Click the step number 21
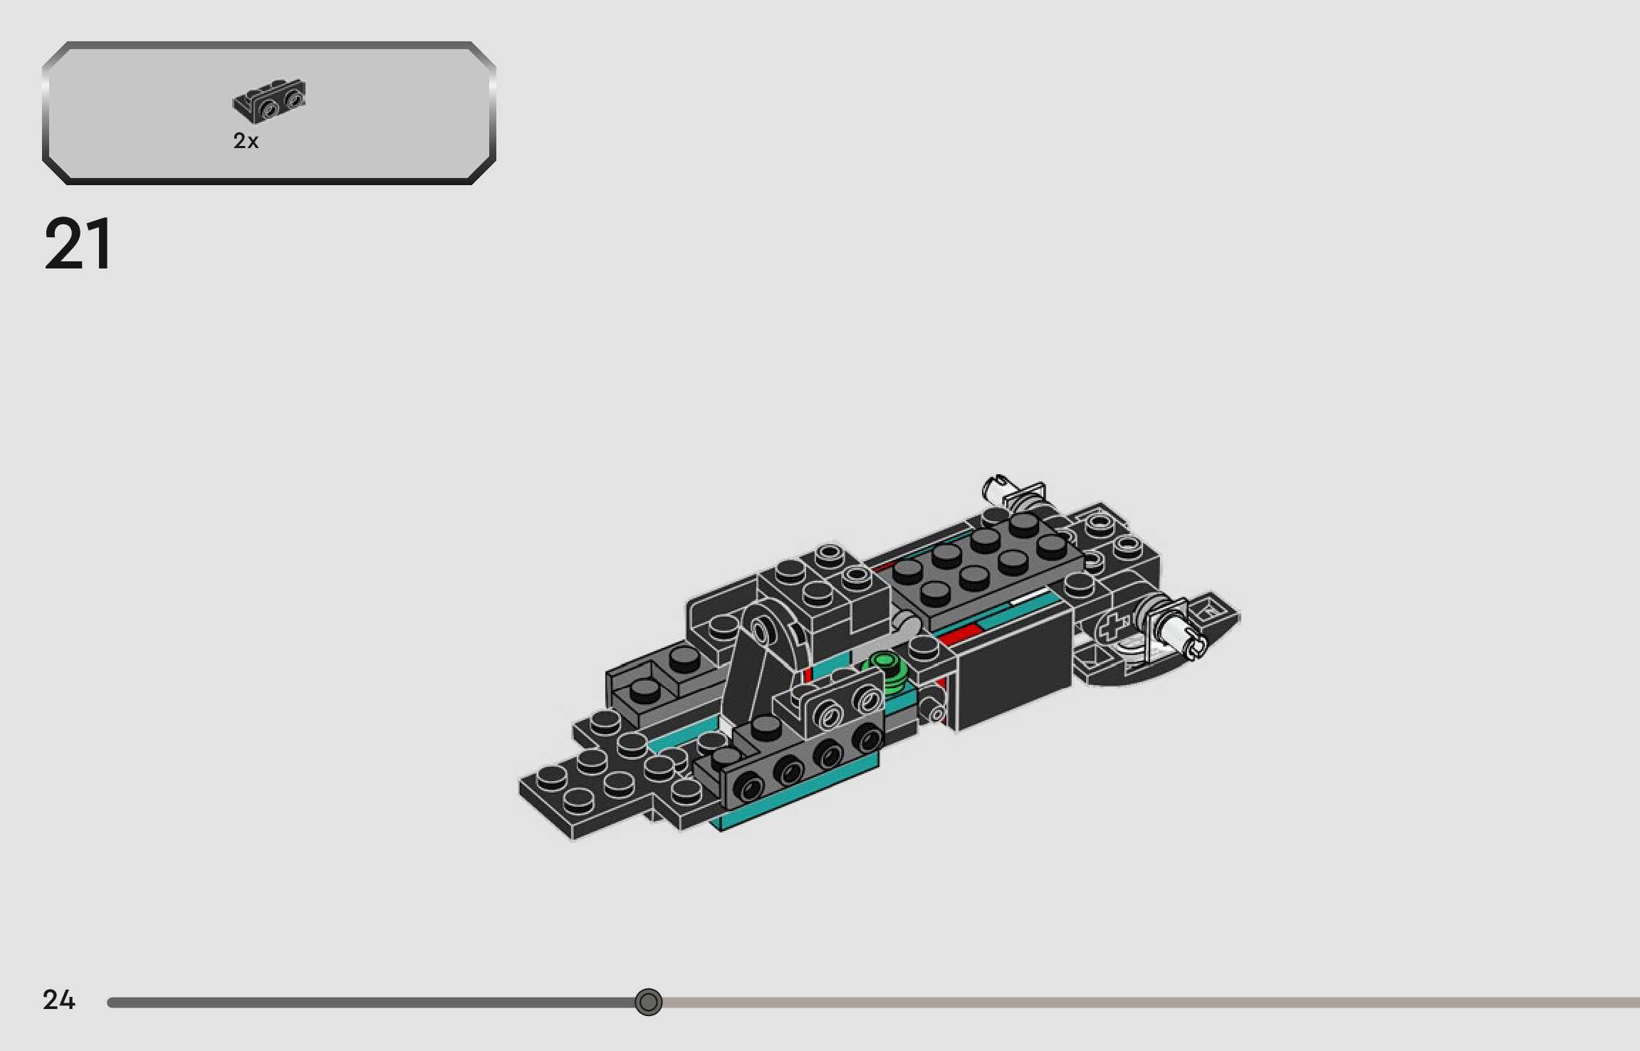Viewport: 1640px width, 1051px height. point(78,244)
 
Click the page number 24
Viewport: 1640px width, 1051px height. point(58,1000)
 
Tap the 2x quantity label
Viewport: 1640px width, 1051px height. point(246,141)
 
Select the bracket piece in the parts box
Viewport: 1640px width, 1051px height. point(269,100)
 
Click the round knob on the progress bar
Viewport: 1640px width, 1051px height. point(648,1002)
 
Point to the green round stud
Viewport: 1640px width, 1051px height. point(885,667)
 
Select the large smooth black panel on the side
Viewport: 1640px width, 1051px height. point(1013,669)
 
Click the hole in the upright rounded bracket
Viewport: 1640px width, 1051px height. point(761,630)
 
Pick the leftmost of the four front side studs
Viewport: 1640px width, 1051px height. point(748,788)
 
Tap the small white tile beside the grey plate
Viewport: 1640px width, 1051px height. point(1029,600)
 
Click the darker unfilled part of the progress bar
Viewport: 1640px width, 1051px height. point(1139,1003)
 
